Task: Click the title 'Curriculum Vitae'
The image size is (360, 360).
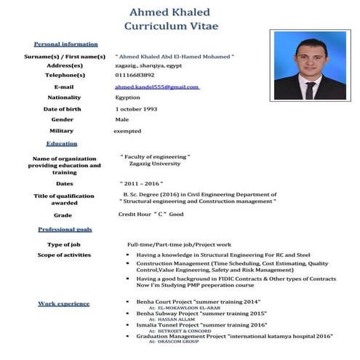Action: [171, 26]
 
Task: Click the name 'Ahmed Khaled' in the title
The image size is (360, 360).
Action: [169, 12]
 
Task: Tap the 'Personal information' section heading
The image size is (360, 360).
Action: [65, 44]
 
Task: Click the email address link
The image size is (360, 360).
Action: [156, 87]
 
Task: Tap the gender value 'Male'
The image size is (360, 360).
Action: [121, 119]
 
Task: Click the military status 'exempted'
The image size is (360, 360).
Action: [127, 131]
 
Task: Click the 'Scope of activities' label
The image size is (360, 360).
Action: [64, 255]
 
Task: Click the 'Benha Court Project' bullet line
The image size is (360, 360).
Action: [203, 301]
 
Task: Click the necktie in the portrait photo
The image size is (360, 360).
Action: [312, 91]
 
